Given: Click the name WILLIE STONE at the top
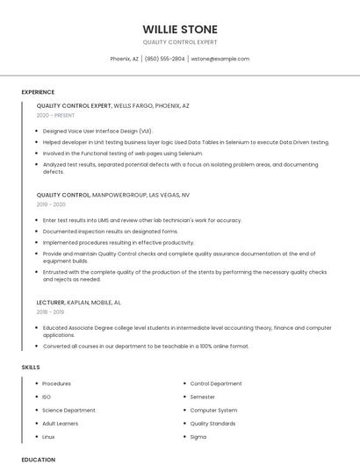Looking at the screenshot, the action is coord(180,29).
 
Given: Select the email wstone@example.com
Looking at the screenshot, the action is coord(220,59).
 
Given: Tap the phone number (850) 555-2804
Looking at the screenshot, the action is coord(164,59).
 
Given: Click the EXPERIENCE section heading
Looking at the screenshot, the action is coord(38,92).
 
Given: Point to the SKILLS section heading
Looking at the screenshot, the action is coord(31,367).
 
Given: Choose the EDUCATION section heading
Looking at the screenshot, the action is coord(39,459).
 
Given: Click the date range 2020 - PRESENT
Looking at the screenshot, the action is coord(55,115).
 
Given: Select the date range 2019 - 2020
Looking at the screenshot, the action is coord(51,204).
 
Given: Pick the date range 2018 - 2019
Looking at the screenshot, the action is coord(50,311).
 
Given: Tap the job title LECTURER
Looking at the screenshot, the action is coord(50,302).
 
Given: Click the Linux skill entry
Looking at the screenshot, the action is coord(48,436).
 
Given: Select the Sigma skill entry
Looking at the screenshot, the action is coord(198,436).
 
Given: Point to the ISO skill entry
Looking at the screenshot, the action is coord(47,397).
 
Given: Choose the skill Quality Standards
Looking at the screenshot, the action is coord(212,423).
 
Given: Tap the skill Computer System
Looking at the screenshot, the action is coord(213,410).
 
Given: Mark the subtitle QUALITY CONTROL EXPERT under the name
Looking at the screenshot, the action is coord(180,42).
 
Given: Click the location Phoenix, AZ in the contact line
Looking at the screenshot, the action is coord(124,59).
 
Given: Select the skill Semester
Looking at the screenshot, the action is coord(203,397).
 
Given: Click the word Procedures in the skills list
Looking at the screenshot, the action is coord(57,383).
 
